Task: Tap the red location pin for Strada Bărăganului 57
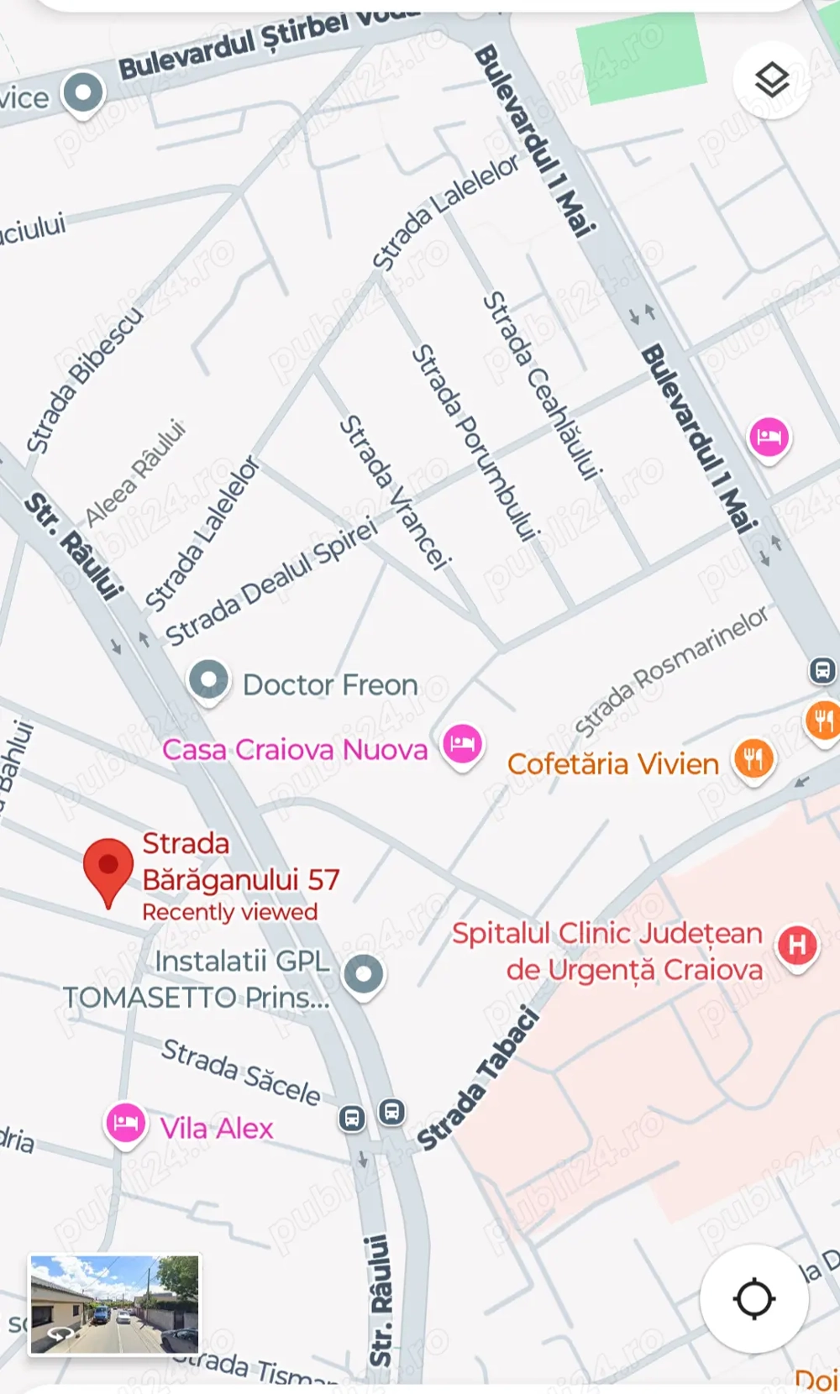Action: (108, 867)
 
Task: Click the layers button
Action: (771, 81)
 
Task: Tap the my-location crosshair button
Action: (753, 1298)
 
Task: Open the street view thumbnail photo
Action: (115, 1304)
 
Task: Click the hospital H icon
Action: (796, 946)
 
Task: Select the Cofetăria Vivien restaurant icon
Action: (753, 759)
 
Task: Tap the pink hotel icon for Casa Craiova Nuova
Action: (462, 743)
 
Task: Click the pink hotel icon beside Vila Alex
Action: (125, 1123)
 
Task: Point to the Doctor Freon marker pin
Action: (208, 679)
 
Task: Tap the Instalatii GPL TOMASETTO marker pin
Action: (364, 975)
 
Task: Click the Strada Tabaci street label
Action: (477, 1080)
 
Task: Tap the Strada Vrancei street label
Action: (395, 493)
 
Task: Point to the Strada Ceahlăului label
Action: (542, 385)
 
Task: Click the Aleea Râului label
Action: (134, 472)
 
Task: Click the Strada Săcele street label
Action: (241, 1072)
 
